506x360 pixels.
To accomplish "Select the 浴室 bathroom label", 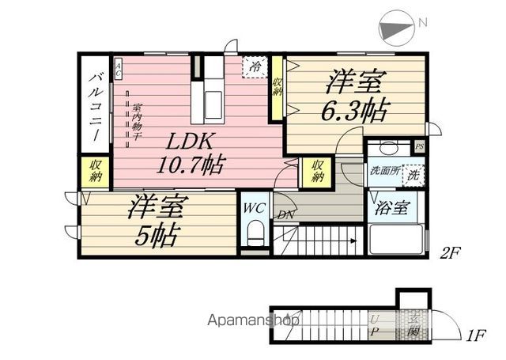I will click(392, 210).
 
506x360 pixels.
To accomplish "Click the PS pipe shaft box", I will click(420, 147).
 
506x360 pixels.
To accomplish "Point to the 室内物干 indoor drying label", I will click(136, 123).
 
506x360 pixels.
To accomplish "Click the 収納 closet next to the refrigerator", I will click(278, 89).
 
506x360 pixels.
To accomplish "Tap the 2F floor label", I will click(451, 252).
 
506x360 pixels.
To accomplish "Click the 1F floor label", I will click(475, 335).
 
